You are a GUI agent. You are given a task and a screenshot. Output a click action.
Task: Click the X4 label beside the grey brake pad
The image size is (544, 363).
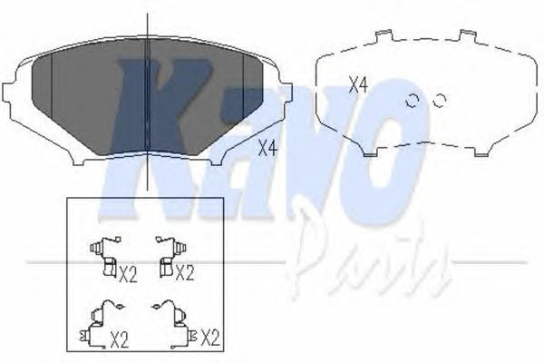point(268,148)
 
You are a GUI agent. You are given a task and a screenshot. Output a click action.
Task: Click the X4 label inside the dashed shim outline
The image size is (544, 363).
point(358,84)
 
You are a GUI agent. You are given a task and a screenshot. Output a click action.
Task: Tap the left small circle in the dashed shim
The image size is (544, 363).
point(413,101)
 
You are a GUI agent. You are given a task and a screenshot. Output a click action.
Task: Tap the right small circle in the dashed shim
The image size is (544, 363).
point(440,101)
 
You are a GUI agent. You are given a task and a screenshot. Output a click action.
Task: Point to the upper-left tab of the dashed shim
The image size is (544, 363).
point(384,35)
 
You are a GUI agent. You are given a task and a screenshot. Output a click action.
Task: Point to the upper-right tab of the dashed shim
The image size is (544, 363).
point(468,35)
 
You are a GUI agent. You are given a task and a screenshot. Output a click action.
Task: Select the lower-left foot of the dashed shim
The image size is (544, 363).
point(370,152)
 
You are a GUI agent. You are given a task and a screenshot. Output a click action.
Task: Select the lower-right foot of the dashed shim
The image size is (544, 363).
point(482,152)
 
